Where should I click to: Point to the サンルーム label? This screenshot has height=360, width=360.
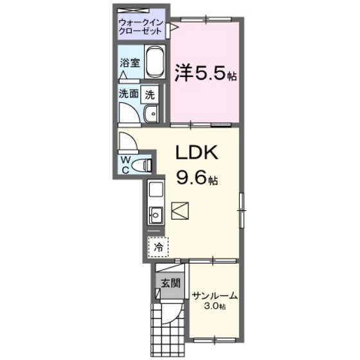215,296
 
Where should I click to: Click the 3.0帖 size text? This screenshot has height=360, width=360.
215,307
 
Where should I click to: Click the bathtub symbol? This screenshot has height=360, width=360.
154,65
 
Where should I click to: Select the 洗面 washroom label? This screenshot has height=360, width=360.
127,93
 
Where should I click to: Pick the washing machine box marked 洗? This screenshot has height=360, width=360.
150,94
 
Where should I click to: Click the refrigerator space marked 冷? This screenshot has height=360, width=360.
156,245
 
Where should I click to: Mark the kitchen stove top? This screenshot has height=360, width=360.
155,190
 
